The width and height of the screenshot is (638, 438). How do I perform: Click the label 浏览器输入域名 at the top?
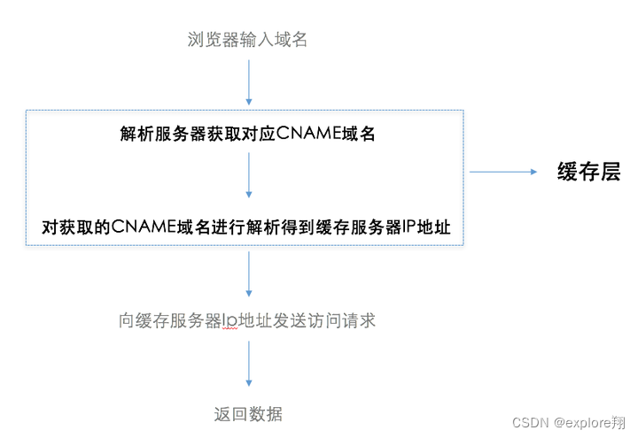point(247,39)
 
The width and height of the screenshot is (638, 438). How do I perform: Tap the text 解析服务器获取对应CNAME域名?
point(247,134)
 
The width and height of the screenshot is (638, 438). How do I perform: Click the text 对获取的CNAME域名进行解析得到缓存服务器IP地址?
point(247,227)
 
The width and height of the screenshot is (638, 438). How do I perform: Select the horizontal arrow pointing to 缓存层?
point(504,172)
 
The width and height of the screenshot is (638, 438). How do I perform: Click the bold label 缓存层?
point(588,172)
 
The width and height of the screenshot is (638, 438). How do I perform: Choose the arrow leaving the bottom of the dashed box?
point(248,273)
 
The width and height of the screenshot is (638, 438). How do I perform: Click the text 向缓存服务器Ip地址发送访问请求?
point(247,320)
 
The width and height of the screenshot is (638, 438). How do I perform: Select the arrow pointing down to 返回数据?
point(248,363)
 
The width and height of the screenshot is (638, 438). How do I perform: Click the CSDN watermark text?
point(531,422)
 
